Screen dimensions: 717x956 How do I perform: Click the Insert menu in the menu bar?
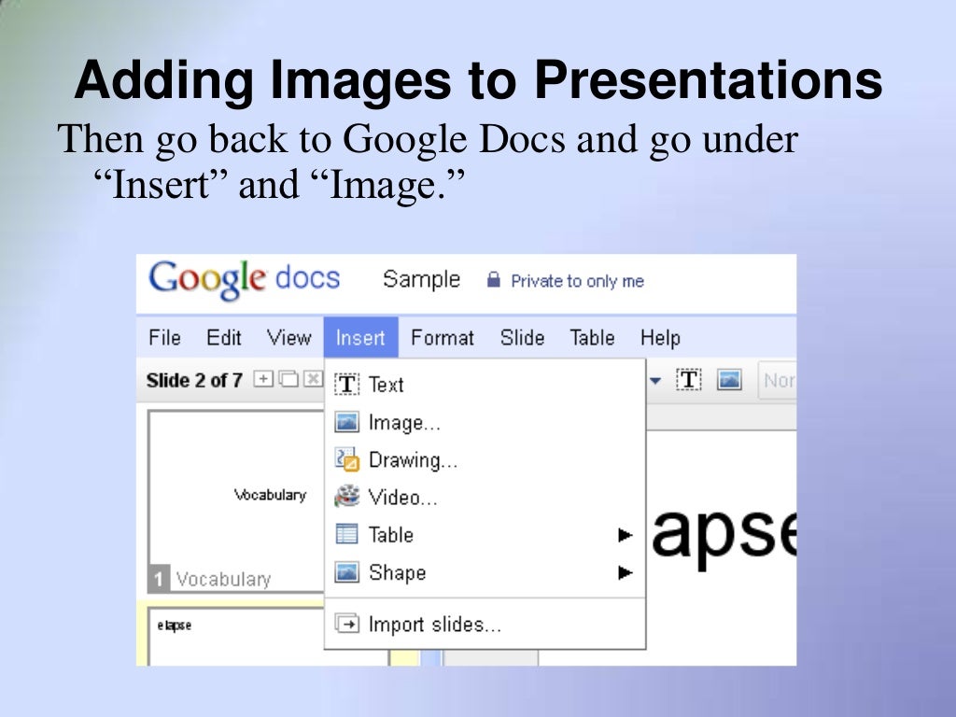coord(360,338)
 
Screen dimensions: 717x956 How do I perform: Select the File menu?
coord(164,338)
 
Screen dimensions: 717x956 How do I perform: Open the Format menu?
coord(443,338)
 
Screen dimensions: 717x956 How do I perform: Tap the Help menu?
coord(660,338)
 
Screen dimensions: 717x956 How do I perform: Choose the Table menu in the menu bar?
coord(592,338)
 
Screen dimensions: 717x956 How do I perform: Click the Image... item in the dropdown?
coord(403,423)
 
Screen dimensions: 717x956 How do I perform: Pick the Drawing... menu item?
coord(413,460)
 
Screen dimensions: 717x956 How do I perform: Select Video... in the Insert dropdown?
coord(402,498)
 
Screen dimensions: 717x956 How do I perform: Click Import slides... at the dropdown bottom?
coord(434,625)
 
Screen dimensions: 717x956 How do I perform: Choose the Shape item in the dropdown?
coord(397,572)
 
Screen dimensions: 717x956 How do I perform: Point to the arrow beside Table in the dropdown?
coord(626,535)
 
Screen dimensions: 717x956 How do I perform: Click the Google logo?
coord(206,280)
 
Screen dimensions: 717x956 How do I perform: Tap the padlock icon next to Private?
coord(494,280)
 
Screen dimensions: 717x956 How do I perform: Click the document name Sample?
coord(421,279)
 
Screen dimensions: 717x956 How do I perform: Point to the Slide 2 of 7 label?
coord(194,380)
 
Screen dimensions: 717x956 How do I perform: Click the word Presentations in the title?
coord(709,81)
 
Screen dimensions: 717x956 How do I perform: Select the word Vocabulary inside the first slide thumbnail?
coord(270,495)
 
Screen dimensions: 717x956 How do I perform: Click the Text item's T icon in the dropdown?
coord(347,385)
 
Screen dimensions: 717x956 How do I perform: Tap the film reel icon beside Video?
coord(347,497)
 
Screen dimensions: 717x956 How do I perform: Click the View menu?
coord(288,338)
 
